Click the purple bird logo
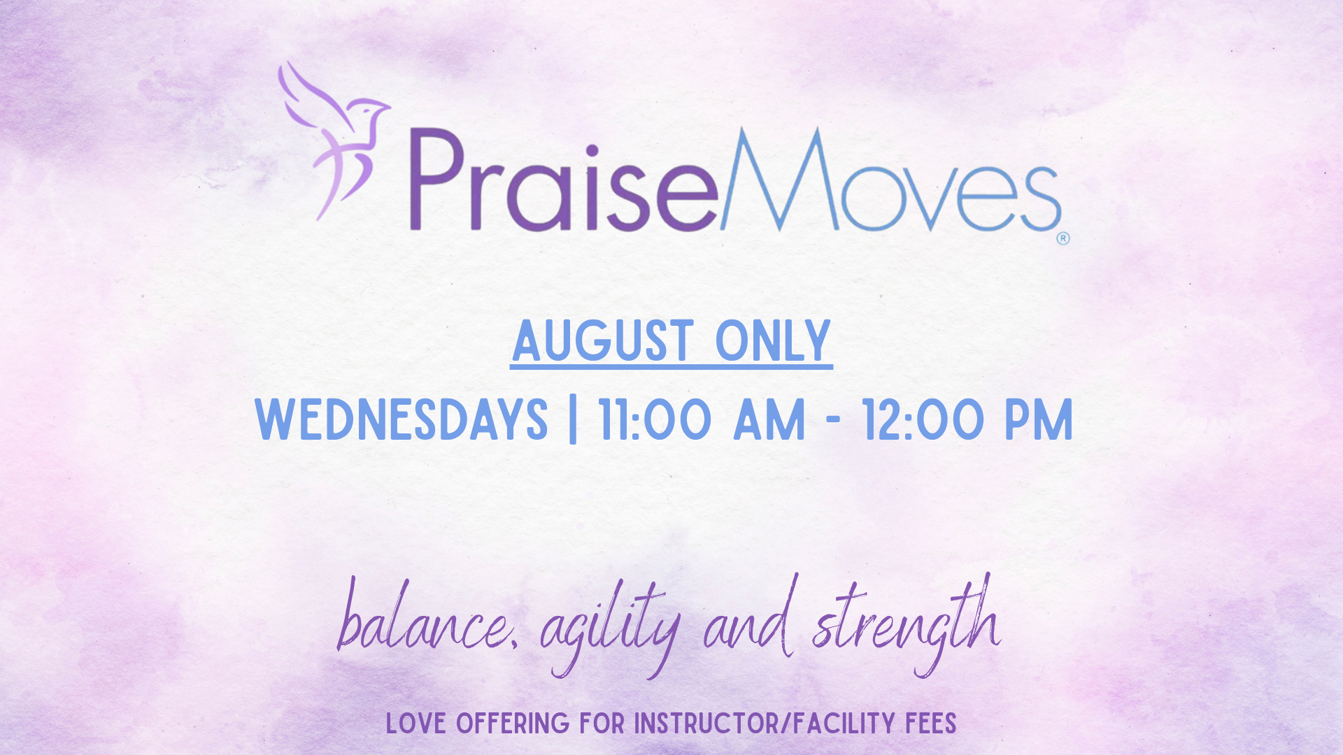point(334,140)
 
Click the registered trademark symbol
point(1063,238)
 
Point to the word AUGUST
point(603,341)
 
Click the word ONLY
point(773,341)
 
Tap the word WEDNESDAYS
point(402,419)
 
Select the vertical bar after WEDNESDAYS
point(574,420)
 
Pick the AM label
point(769,419)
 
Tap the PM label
point(1039,419)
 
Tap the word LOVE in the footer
point(417,724)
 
